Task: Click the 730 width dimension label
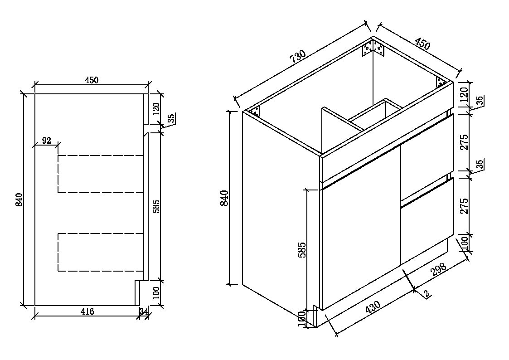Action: (298, 56)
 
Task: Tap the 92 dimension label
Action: (46, 140)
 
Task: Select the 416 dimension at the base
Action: (87, 311)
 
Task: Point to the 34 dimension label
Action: (144, 311)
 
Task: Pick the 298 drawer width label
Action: (439, 268)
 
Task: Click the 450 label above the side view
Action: (92, 80)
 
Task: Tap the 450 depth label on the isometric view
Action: (422, 44)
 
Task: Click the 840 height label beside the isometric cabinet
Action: (224, 198)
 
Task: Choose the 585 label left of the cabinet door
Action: (302, 249)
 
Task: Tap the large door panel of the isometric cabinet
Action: (360, 227)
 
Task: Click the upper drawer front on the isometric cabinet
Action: (427, 156)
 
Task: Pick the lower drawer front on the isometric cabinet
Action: (427, 221)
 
